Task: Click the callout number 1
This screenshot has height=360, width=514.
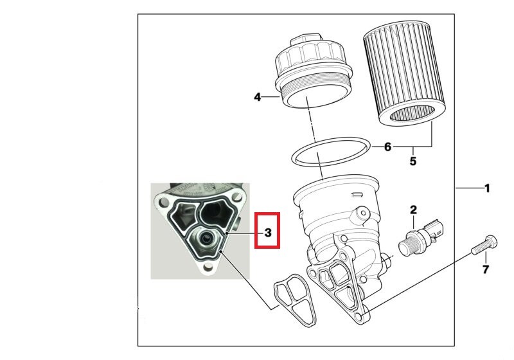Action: [x=487, y=188]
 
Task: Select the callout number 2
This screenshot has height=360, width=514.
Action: [x=414, y=209]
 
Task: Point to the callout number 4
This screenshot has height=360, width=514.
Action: [x=258, y=98]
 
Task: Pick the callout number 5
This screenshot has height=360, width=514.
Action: [x=412, y=161]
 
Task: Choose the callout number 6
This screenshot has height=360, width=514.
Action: [x=387, y=147]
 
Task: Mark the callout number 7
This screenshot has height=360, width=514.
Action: [x=486, y=269]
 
